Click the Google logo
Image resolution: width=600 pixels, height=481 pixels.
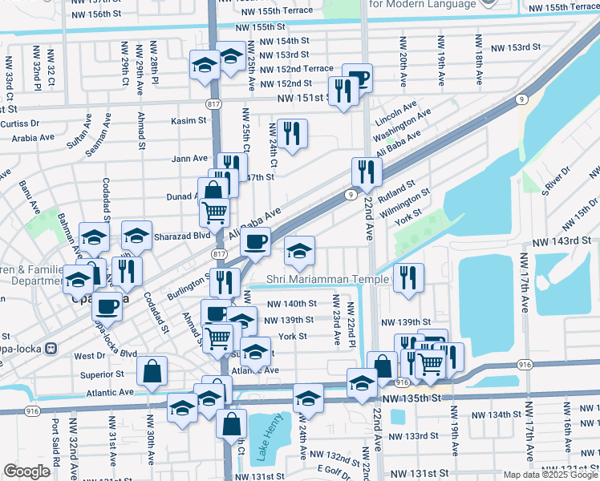26,471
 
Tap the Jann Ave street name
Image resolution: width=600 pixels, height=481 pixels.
189,159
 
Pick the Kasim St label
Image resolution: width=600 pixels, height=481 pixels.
189,121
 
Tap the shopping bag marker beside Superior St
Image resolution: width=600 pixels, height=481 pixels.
152,371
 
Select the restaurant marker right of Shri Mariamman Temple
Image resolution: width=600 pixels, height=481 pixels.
408,277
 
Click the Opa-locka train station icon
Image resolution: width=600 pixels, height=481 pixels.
53,350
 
